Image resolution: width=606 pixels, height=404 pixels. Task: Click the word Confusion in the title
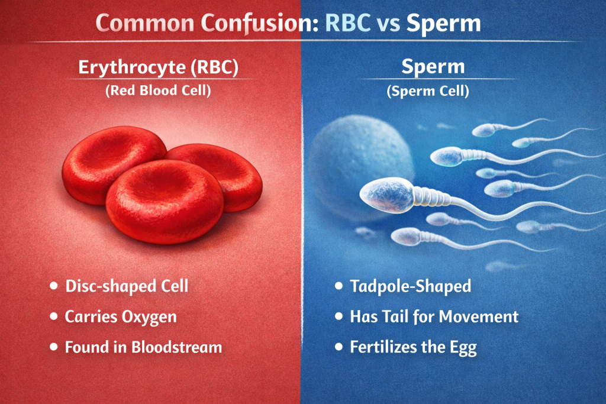pyautogui.click(x=259, y=23)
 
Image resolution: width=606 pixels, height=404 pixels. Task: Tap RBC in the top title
pyautogui.click(x=347, y=23)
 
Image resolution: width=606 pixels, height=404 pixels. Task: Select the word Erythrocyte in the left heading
pyautogui.click(x=132, y=67)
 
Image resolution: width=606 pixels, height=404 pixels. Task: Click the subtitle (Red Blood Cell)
pyautogui.click(x=159, y=91)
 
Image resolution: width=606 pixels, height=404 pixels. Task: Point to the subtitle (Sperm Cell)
pyautogui.click(x=428, y=91)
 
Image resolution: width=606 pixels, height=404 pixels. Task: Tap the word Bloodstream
pyautogui.click(x=177, y=347)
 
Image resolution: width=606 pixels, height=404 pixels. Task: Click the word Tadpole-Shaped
pyautogui.click(x=411, y=286)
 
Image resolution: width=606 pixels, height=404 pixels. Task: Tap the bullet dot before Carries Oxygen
pyautogui.click(x=54, y=316)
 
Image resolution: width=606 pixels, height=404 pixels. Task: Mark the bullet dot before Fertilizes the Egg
pyautogui.click(x=339, y=347)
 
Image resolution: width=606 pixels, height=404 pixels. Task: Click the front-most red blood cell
pyautogui.click(x=165, y=201)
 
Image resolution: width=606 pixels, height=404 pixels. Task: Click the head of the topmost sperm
pyautogui.click(x=483, y=131)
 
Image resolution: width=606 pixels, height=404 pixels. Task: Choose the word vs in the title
pyautogui.click(x=388, y=24)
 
